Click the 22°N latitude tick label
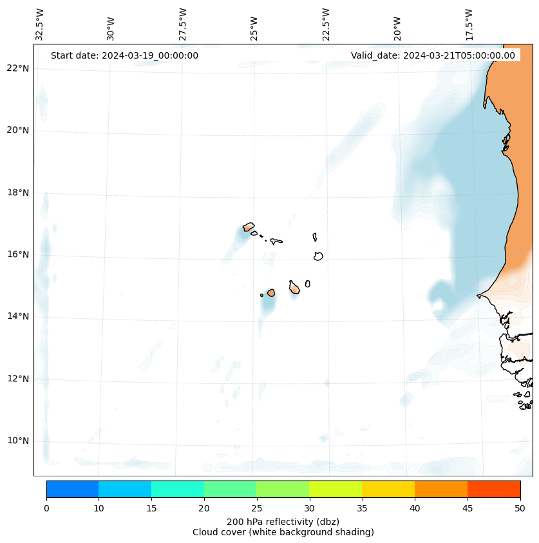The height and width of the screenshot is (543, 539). [x=19, y=68]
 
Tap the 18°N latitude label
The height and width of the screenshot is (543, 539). [x=19, y=193]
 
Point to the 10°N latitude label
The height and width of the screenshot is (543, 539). [x=19, y=441]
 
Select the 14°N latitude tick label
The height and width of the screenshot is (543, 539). [x=19, y=316]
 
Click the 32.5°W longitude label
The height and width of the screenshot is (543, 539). [x=40, y=24]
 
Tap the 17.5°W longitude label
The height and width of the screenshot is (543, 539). [x=469, y=24]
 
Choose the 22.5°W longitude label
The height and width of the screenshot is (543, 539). [x=326, y=24]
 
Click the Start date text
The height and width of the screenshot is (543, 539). [x=124, y=55]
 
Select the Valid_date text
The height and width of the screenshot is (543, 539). [x=433, y=55]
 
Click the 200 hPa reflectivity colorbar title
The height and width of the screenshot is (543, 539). [x=283, y=521]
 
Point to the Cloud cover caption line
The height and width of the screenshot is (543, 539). [x=283, y=532]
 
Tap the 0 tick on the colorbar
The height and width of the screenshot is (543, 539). [x=46, y=508]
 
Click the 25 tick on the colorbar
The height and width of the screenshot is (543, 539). [x=256, y=508]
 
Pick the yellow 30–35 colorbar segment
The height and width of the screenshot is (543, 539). [x=335, y=489]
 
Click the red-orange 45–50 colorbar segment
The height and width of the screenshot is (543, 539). [x=493, y=489]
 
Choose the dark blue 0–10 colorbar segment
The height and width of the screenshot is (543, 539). [x=72, y=489]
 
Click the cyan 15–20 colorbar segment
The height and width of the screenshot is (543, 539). [x=177, y=489]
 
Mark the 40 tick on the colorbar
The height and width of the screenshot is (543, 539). [x=415, y=508]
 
